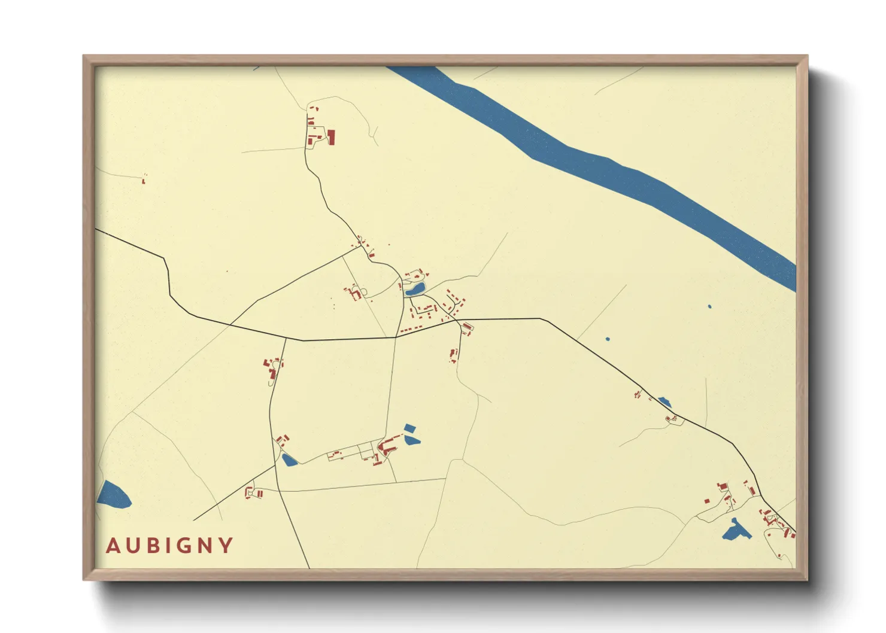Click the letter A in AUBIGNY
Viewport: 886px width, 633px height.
click(112, 546)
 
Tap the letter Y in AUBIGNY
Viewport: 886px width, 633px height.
click(226, 546)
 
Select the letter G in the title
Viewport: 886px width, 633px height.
click(179, 546)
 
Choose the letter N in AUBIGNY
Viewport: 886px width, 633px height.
click(202, 546)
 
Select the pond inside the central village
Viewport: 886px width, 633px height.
click(414, 291)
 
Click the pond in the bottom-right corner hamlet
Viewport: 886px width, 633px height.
click(736, 531)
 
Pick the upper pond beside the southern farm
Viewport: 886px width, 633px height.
click(409, 428)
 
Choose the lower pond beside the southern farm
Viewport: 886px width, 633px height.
click(412, 440)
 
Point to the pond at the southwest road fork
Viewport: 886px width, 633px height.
click(289, 460)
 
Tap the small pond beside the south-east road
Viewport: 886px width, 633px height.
click(664, 402)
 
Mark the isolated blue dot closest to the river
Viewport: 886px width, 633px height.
click(709, 306)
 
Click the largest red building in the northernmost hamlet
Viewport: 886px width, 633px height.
click(331, 137)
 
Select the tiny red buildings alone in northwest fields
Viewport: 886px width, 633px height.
click(144, 178)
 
